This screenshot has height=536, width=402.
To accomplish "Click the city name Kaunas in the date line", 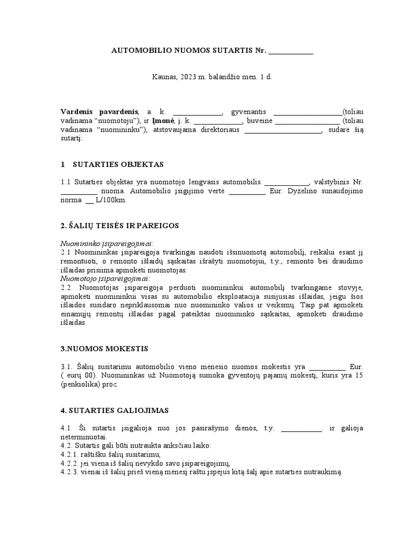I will click(163, 76).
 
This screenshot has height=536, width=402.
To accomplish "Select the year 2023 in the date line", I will click(187, 76).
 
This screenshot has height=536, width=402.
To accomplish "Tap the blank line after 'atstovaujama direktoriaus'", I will click(283, 131).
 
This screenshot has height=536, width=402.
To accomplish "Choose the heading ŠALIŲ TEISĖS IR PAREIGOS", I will click(120, 226).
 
